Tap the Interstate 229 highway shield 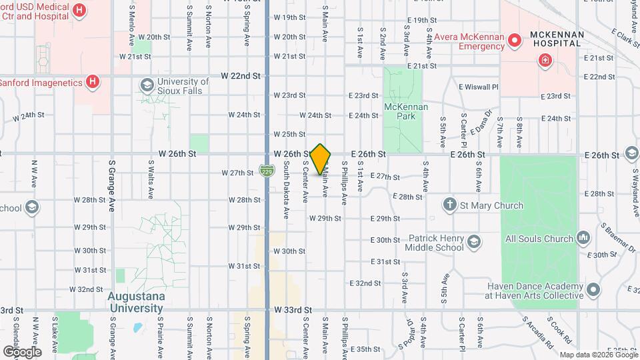coord(267,172)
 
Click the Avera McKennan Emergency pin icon coord(514,41)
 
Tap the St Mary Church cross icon coord(451,205)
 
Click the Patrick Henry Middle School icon coord(473,241)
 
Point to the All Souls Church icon coord(583,238)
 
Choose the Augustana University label coord(137,302)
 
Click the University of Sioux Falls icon coord(147,85)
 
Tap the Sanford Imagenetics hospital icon coord(93,82)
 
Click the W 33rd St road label coord(293,310)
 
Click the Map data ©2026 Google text coord(598,355)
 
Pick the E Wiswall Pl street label coord(478,87)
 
